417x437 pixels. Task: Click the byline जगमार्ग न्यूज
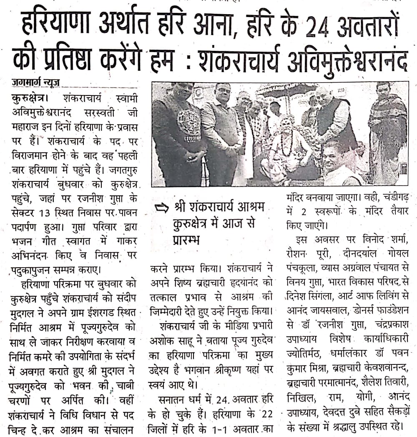[36, 83]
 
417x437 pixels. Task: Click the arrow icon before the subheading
[160, 207]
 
